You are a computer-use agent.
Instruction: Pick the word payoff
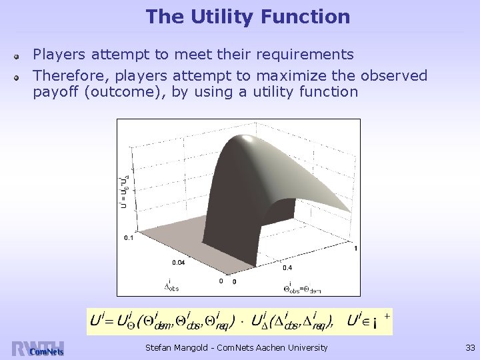[x=56, y=92]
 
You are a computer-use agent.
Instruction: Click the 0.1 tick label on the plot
[x=129, y=237]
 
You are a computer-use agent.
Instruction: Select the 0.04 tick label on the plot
[x=178, y=262]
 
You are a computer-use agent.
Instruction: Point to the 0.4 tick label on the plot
[x=287, y=268]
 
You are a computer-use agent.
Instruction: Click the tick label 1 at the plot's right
[x=355, y=249]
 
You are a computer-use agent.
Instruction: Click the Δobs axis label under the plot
[x=171, y=286]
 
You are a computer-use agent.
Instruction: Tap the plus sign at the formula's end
[x=387, y=313]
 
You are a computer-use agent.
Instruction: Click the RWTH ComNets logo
[x=37, y=349]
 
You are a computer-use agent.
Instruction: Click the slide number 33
[x=469, y=347]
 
